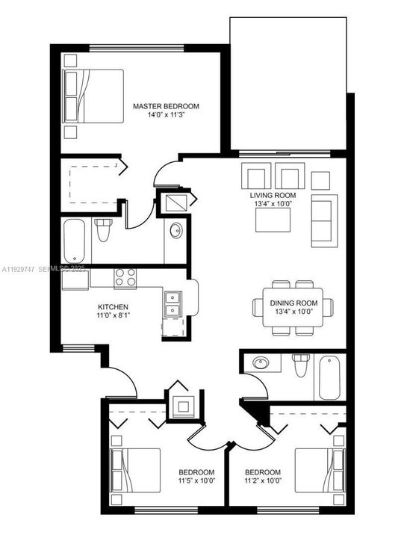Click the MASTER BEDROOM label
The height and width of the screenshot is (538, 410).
click(166, 107)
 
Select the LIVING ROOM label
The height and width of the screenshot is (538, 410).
click(273, 196)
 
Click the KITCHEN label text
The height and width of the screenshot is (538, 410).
click(113, 307)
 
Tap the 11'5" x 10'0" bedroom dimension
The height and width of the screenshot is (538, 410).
click(196, 482)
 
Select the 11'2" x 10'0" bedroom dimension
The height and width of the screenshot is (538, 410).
click(263, 482)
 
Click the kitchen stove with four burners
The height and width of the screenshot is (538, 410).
click(125, 278)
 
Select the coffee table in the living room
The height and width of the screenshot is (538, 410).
click(273, 219)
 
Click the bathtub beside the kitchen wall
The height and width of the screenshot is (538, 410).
click(76, 241)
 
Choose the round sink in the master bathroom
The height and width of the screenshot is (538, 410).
click(176, 230)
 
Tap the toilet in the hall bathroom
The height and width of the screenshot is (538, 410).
click(300, 365)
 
